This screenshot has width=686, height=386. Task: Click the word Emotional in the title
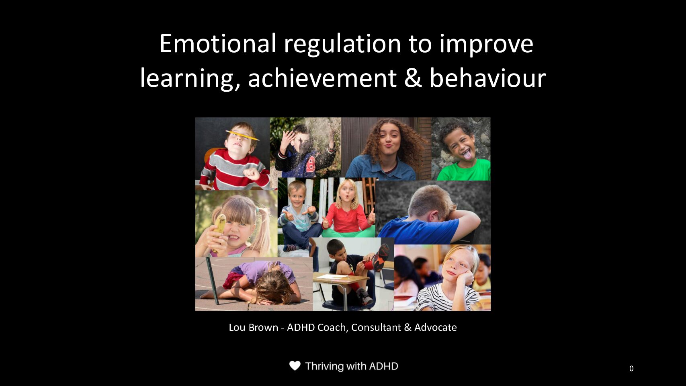tap(218, 43)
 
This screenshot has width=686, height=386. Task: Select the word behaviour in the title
tap(488, 78)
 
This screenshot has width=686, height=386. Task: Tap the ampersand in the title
tap(413, 78)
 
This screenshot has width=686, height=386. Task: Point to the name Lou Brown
tap(253, 327)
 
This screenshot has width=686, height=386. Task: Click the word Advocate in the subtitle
tap(435, 327)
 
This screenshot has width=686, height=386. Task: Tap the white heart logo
tap(295, 366)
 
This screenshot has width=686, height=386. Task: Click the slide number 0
tap(631, 369)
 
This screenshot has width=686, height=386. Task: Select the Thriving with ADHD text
tap(352, 366)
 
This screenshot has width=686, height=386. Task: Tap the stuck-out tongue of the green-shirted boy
tap(467, 155)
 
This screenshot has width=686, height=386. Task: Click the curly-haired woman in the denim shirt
tap(387, 150)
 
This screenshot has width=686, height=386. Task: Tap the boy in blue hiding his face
tap(429, 216)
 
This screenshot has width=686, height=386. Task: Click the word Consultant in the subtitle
tap(376, 327)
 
